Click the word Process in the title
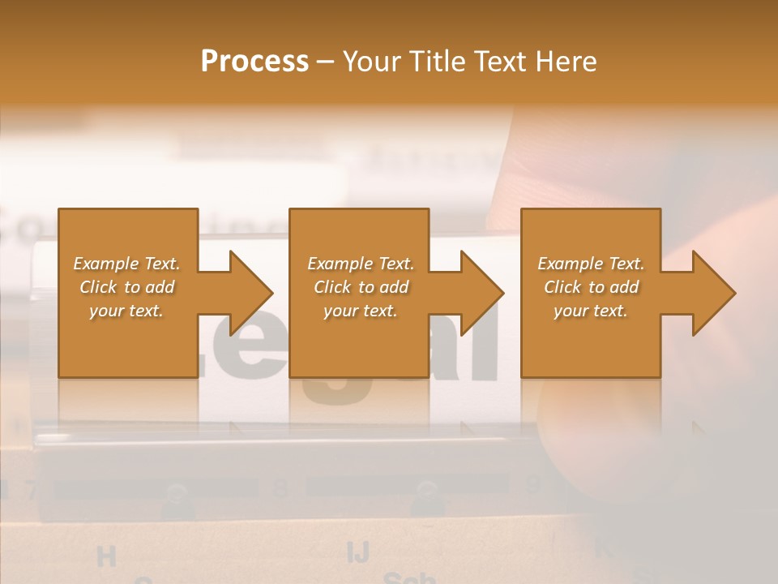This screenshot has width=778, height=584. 254,62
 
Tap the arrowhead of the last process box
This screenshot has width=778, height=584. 712,293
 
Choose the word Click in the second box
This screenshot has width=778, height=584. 331,287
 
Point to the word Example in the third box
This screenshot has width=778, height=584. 570,264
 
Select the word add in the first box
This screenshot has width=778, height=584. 160,287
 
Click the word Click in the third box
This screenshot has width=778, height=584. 562,287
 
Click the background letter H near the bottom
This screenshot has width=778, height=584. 106,556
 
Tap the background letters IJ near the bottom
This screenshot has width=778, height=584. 357,552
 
